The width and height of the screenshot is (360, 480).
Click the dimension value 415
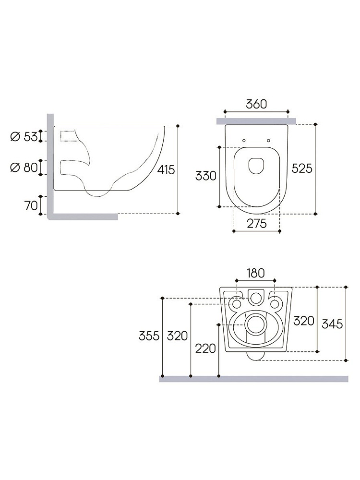[166, 170]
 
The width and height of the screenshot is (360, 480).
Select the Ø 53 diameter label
[24, 136]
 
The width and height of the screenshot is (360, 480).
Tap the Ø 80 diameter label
[24, 168]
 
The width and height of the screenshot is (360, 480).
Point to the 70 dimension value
[31, 206]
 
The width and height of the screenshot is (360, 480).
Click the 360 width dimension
[256, 104]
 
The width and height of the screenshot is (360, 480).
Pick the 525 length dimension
[302, 168]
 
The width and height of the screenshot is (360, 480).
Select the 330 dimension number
[206, 176]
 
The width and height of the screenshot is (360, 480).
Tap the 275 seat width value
[256, 224]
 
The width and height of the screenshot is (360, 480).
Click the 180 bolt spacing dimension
[256, 273]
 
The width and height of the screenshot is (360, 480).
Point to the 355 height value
[149, 336]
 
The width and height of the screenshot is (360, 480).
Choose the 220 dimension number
[205, 348]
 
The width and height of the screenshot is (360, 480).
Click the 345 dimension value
[332, 324]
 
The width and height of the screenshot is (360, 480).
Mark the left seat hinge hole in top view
[244, 141]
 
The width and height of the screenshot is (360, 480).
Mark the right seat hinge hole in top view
[268, 141]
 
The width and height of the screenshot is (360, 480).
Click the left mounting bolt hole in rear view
[237, 304]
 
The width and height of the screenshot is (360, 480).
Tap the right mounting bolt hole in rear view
[275, 304]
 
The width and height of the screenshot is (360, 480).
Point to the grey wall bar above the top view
[256, 121]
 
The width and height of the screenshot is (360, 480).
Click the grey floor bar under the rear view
[254, 379]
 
